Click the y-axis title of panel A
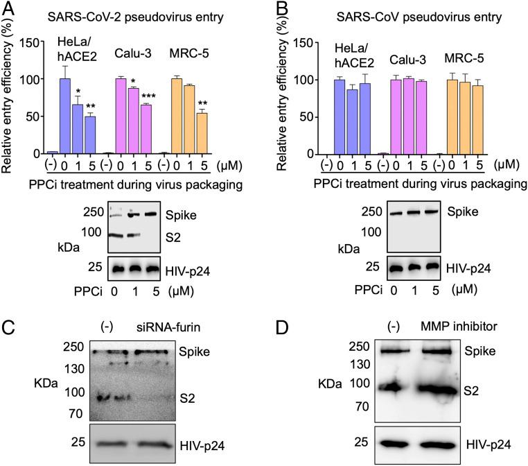point(10,95)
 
